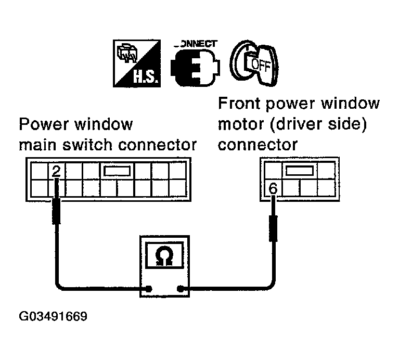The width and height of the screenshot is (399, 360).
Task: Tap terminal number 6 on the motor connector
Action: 272,188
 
